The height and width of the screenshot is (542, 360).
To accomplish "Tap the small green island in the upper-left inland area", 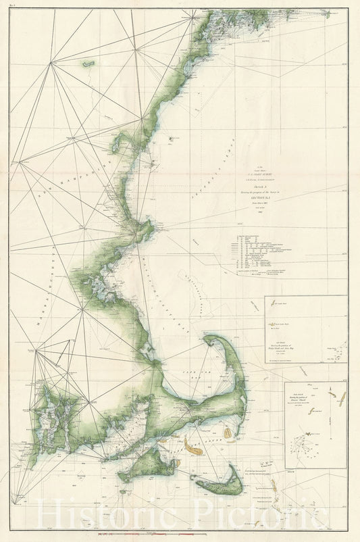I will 88,64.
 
